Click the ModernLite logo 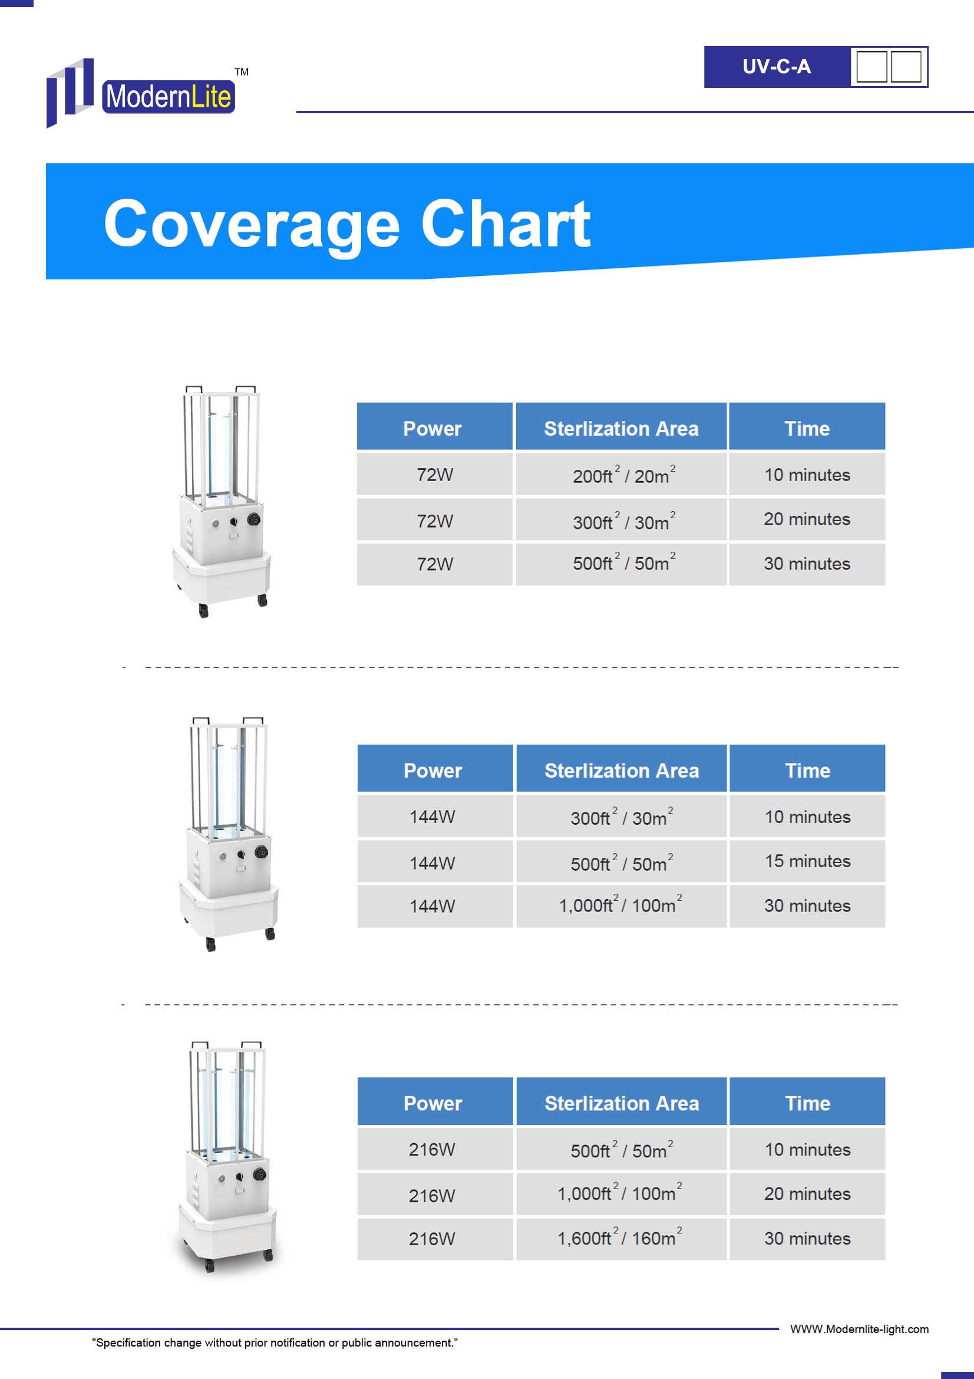[x=141, y=93]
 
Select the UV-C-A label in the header [x=777, y=67]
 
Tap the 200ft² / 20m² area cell [x=621, y=475]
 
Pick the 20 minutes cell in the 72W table [x=807, y=519]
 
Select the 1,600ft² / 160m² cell [x=621, y=1238]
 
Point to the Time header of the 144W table [x=807, y=770]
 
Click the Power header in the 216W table [x=433, y=1102]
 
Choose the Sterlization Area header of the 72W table [x=621, y=428]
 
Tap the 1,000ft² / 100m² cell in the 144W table [x=621, y=905]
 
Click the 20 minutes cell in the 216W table [x=807, y=1193]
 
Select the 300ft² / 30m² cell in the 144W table [x=621, y=817]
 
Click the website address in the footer [x=859, y=1329]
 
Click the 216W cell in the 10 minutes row [x=432, y=1149]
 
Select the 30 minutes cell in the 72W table [x=807, y=564]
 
